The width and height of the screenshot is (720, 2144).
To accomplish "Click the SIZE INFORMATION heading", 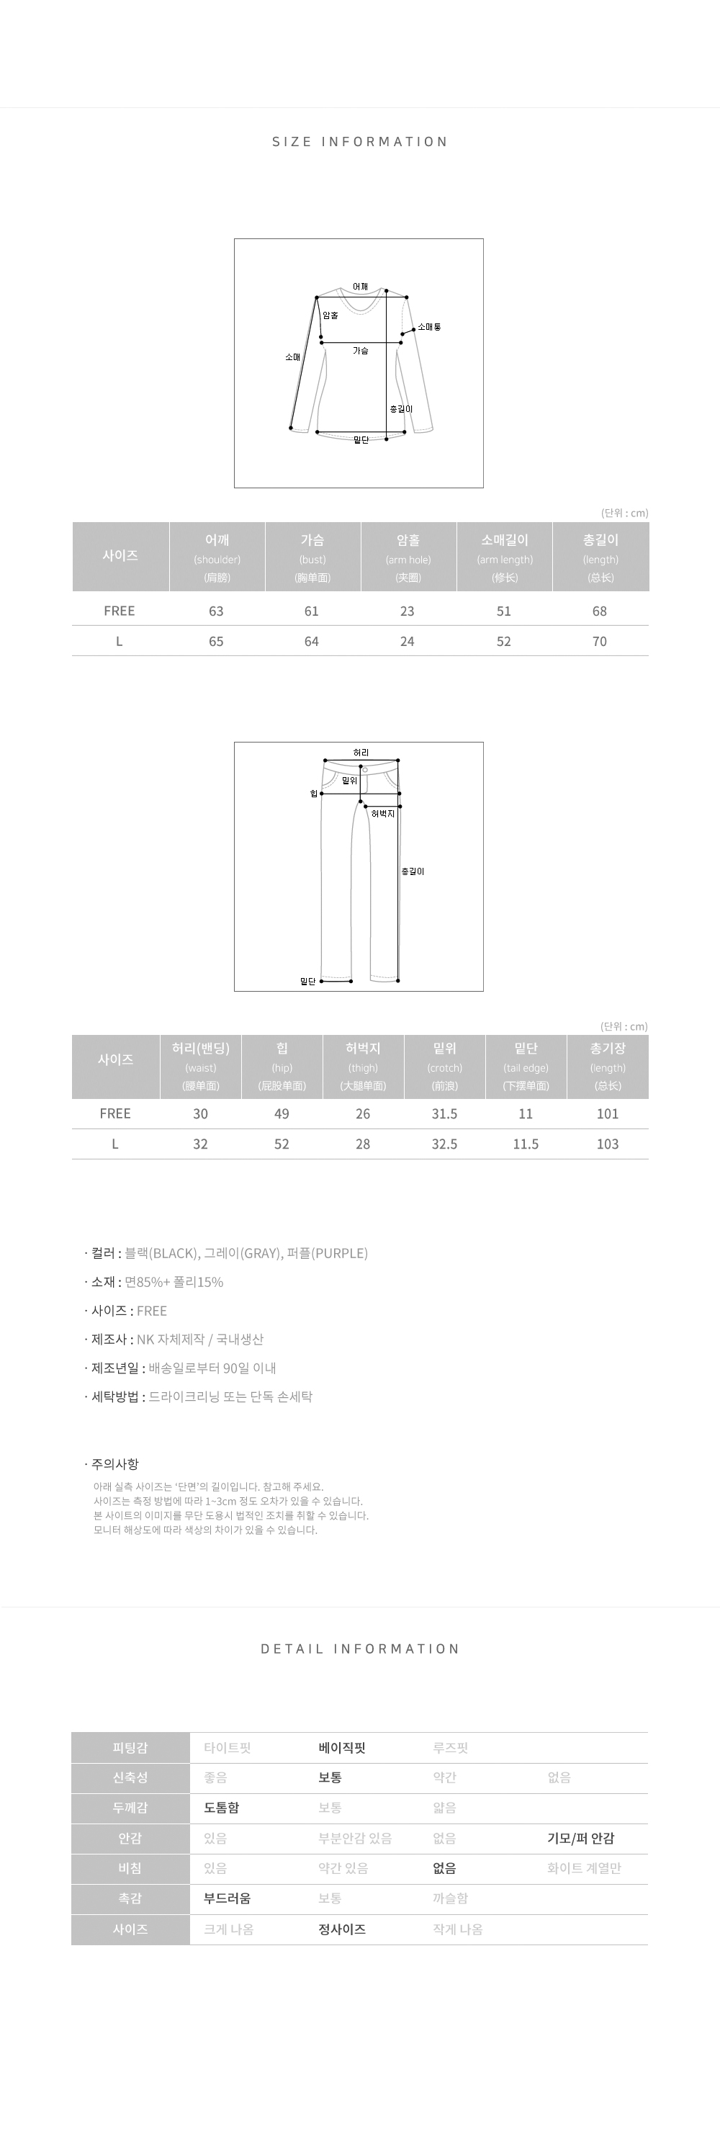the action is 359,141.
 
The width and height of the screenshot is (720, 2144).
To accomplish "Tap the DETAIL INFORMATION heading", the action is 359,1649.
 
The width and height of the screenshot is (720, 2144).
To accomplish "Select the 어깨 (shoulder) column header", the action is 217,557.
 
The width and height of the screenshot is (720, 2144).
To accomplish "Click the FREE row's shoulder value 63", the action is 217,611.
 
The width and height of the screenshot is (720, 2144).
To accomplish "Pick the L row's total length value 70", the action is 599,642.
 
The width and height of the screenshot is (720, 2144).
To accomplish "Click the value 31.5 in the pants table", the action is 444,1113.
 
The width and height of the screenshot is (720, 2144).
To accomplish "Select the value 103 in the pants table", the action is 608,1144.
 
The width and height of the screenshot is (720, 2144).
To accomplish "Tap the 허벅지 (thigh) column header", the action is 363,1066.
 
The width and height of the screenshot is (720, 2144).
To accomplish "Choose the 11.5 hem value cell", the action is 526,1144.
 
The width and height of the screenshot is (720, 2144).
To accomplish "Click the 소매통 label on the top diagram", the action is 430,327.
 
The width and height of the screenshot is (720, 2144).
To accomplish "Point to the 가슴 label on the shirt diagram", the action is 361,351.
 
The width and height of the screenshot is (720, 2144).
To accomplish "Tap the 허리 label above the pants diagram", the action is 361,753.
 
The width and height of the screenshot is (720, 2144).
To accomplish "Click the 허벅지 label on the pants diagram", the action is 383,813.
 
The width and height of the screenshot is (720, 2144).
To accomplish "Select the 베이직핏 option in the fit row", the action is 342,1748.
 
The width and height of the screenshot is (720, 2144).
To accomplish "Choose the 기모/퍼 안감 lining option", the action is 581,1839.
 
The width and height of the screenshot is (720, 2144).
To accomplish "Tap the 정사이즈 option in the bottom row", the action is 342,1929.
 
